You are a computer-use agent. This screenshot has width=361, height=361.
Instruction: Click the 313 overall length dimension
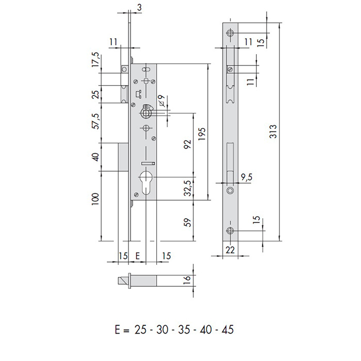[x=273, y=132]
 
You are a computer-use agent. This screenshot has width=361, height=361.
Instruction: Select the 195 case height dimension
[x=202, y=134]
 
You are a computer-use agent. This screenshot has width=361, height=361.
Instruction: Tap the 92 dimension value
[x=188, y=144]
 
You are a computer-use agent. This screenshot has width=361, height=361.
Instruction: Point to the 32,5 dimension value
[x=188, y=188]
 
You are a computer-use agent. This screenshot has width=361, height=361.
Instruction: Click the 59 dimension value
[x=188, y=222]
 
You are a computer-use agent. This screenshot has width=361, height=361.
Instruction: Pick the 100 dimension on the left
[x=95, y=199]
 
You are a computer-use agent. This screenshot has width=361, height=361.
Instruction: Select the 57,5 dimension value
[x=96, y=121]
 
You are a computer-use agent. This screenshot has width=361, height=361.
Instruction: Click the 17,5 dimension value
[x=96, y=60]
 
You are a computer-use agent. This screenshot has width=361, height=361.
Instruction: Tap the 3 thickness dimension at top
[x=139, y=7]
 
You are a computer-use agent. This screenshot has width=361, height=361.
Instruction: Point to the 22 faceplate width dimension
[x=230, y=250]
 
